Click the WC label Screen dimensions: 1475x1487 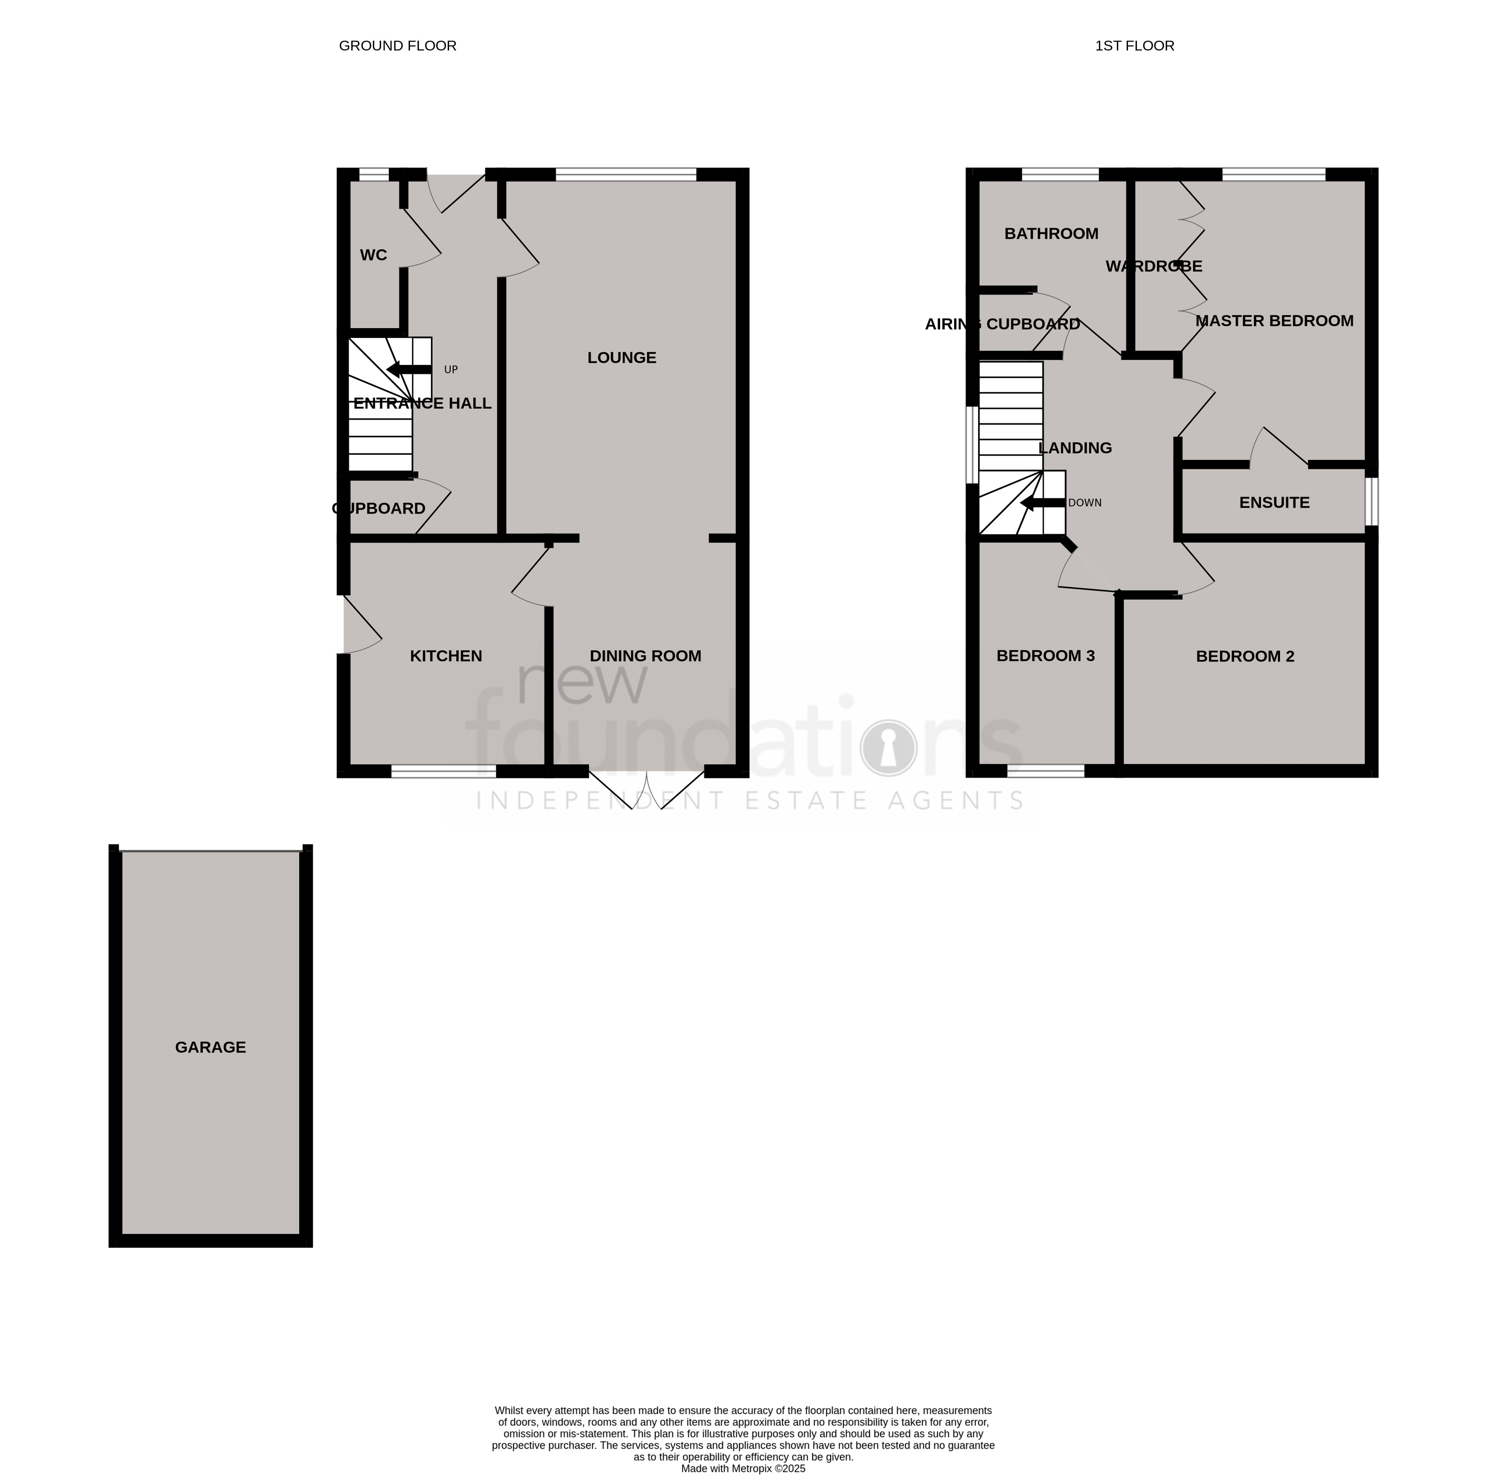[373, 255]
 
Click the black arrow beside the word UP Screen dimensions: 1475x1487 [408, 370]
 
